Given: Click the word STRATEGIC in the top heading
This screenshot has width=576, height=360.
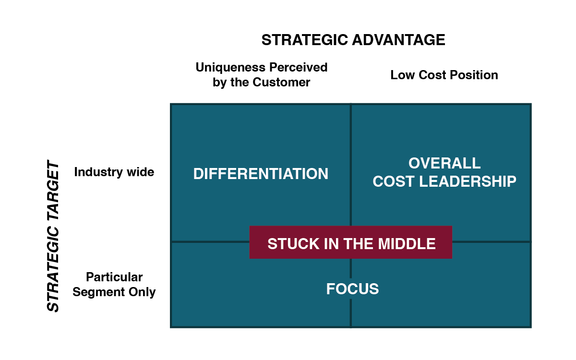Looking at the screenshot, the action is pyautogui.click(x=305, y=40).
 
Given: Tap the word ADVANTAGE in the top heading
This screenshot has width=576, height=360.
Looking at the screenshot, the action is pyautogui.click(x=399, y=40).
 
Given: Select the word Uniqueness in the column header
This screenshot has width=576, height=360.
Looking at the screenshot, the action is pyautogui.click(x=230, y=68).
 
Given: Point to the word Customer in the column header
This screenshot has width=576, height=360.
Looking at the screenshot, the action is pyautogui.click(x=281, y=82).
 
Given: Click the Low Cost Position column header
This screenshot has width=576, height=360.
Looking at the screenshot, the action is pyautogui.click(x=444, y=75).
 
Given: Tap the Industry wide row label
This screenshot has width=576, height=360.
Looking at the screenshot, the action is pyautogui.click(x=114, y=172).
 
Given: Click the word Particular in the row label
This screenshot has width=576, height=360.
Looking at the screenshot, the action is pyautogui.click(x=114, y=277).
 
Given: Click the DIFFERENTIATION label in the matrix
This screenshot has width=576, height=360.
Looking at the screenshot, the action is pyautogui.click(x=261, y=174).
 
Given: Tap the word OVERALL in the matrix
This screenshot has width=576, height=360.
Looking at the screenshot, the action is pyautogui.click(x=444, y=163).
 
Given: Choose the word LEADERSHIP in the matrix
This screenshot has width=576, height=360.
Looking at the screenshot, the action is pyautogui.click(x=468, y=181).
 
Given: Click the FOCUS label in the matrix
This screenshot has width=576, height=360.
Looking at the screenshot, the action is pyautogui.click(x=352, y=289).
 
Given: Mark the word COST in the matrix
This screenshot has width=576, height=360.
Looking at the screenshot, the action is pyautogui.click(x=394, y=181).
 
